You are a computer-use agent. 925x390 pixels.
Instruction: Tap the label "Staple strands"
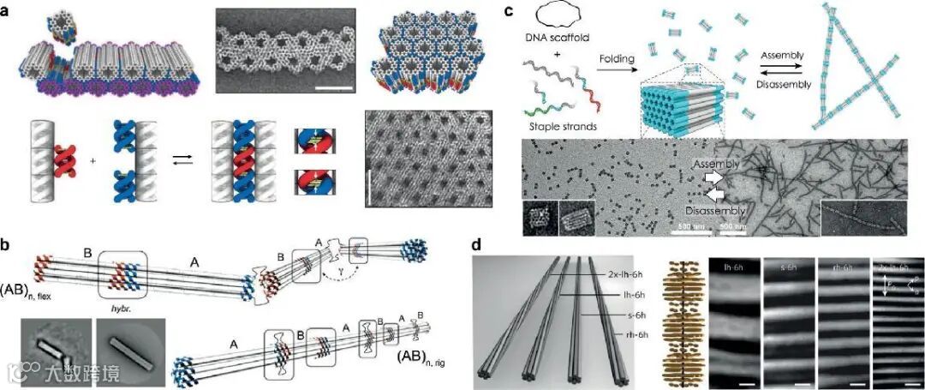(577, 127)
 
